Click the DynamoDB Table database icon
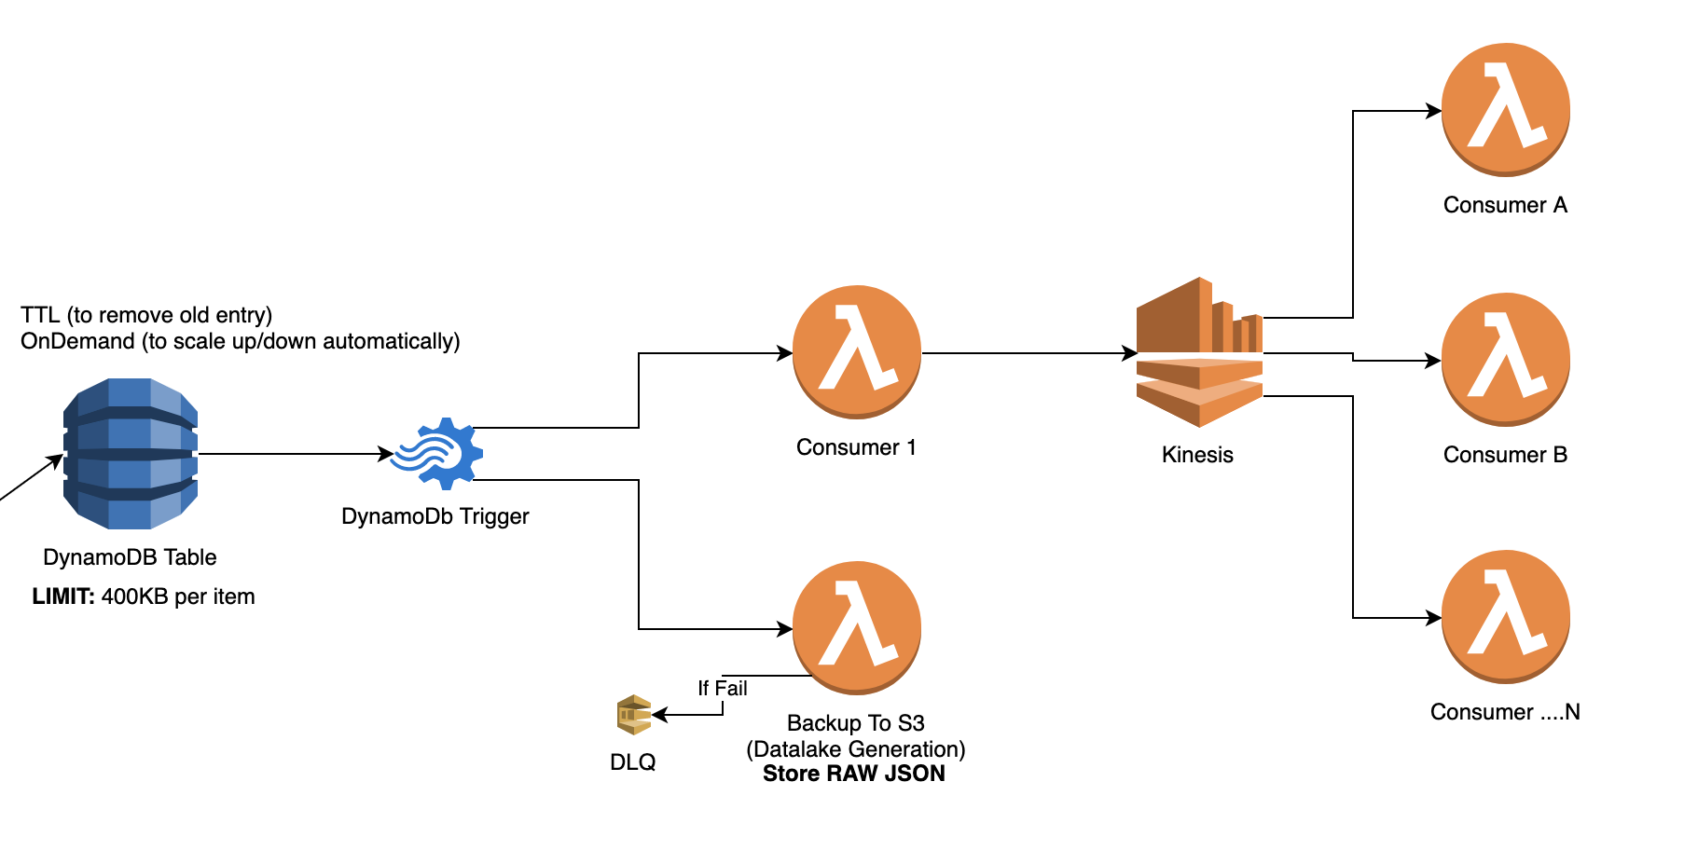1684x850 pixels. tap(131, 454)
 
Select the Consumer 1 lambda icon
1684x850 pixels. tap(856, 352)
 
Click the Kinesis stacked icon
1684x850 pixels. tap(1199, 352)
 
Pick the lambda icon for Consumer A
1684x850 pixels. tap(1505, 109)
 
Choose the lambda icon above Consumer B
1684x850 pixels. tap(1505, 359)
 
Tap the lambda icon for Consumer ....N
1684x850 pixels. tap(1505, 616)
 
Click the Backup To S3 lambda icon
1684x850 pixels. tap(856, 627)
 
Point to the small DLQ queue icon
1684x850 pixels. tap(633, 715)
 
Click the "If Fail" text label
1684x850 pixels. tap(722, 688)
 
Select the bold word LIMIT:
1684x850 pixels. tap(63, 596)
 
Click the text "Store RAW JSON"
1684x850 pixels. tap(853, 774)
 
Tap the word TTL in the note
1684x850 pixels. tap(40, 315)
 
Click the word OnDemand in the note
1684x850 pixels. tap(77, 341)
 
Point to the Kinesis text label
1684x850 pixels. tap(1197, 455)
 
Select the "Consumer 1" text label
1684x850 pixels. tap(856, 447)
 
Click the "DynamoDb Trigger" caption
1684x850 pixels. tap(435, 516)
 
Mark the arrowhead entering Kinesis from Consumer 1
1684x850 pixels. tap(1129, 353)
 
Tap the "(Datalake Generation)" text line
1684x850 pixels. tap(855, 749)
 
